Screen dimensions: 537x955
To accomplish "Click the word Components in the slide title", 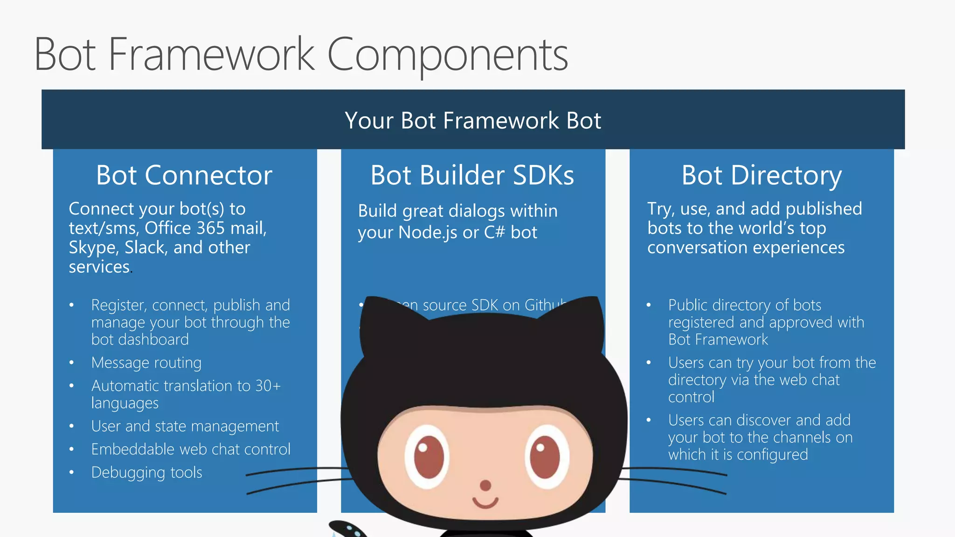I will point(448,55).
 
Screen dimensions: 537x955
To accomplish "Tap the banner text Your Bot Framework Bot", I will point(473,120).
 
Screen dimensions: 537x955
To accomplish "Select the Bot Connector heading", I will point(184,175).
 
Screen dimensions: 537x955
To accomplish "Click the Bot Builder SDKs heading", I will point(472,175).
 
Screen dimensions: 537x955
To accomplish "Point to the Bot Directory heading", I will point(761,175).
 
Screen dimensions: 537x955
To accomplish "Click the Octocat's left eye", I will point(427,457).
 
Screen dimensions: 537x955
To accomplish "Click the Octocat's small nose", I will point(485,485).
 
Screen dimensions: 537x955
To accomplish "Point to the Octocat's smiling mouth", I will point(485,503).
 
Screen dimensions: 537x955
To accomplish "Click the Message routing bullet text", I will point(146,363).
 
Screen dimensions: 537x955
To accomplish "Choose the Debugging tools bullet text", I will point(146,473).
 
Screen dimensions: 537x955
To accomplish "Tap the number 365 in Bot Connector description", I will point(211,228).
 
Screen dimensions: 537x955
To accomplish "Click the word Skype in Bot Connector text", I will point(93,248).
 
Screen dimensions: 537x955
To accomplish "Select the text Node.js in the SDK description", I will point(428,232).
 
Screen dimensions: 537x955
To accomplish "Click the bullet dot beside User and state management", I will point(71,426).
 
